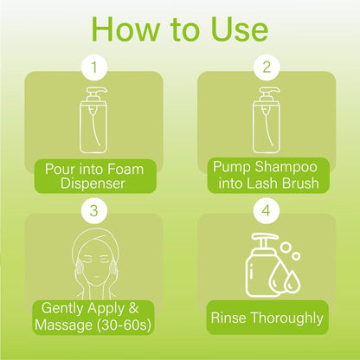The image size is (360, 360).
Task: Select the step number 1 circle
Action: pos(94,67)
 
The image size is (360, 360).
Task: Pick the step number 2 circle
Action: pos(267,67)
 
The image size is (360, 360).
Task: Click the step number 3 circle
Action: pos(94,211)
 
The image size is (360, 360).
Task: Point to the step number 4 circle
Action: pos(266,211)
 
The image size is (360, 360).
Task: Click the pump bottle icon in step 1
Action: pos(93,119)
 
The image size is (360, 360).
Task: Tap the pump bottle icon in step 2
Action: pos(267,119)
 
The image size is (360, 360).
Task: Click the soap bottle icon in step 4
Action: pos(262,266)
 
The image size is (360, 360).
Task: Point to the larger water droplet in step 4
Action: pos(278,276)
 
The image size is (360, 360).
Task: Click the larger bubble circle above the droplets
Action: pos(286,247)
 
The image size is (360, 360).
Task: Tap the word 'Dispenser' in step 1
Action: pos(93,183)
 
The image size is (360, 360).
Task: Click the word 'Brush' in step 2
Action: pos(300,183)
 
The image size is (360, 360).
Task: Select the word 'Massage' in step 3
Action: pos(63,325)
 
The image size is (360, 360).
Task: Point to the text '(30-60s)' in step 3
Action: pos(124,325)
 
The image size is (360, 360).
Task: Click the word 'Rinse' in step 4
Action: pos(228,318)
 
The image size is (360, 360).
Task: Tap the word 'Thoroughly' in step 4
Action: pos(286,318)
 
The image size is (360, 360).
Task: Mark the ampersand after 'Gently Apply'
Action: pos(133,308)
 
